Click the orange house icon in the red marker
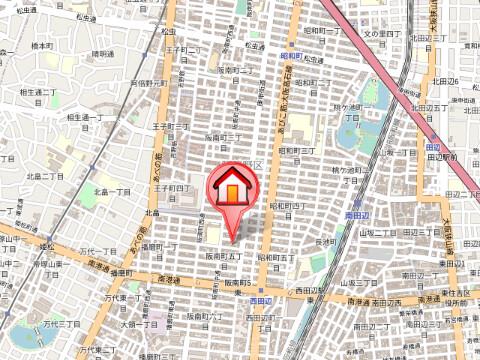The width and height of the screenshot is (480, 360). tap(232, 189)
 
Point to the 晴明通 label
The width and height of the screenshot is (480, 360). tap(103, 54)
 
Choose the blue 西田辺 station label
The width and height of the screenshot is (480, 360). tap(261, 299)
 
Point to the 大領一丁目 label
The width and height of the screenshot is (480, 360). tap(143, 324)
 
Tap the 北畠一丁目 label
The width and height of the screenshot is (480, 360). tap(112, 190)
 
